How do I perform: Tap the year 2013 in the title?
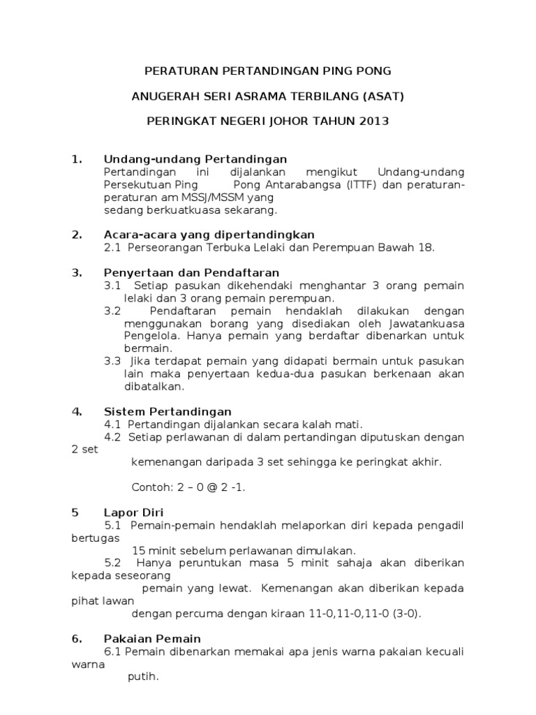pyautogui.click(x=373, y=121)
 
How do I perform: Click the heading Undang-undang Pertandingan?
pyautogui.click(x=195, y=159)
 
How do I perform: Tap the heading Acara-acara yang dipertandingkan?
pyautogui.click(x=209, y=234)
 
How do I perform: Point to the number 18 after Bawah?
pyautogui.click(x=426, y=247)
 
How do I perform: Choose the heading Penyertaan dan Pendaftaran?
pyautogui.click(x=191, y=272)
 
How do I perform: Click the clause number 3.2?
pyautogui.click(x=112, y=310)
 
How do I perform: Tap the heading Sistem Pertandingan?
pyautogui.click(x=167, y=411)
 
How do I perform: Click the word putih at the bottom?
pyautogui.click(x=144, y=677)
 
